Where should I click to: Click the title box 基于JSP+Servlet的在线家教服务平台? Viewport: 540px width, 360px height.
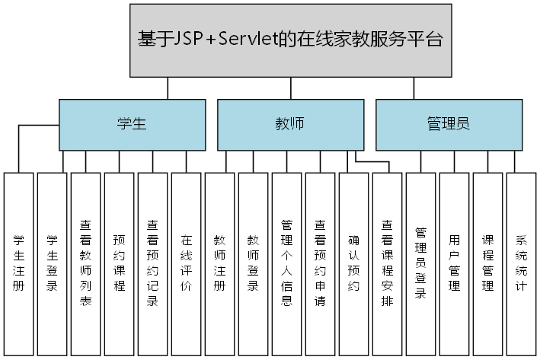tap(290, 40)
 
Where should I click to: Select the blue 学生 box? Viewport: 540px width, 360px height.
tap(132, 124)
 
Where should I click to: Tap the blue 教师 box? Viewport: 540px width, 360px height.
tap(289, 124)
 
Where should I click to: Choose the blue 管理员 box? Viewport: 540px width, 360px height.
tap(449, 124)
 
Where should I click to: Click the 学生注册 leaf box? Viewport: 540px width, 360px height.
tap(19, 263)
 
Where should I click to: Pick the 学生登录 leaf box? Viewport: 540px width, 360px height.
tap(53, 263)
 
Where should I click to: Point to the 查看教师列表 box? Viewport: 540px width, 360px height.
tap(86, 263)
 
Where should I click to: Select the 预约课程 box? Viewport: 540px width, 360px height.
tap(120, 263)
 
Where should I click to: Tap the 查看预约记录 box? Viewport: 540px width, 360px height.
tap(153, 263)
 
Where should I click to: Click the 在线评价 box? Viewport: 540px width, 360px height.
tap(187, 263)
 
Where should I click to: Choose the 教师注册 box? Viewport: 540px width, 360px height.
tap(220, 263)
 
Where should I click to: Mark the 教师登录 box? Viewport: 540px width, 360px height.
tap(254, 263)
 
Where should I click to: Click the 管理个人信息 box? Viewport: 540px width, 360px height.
tap(287, 263)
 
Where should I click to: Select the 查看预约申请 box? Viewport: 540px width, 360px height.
tap(321, 263)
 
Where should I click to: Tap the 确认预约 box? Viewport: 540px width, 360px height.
tap(354, 263)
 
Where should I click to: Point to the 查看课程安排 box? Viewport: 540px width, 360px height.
tap(388, 263)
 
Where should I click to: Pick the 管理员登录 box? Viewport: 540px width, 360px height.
tap(421, 263)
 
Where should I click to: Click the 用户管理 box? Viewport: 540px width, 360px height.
tap(455, 263)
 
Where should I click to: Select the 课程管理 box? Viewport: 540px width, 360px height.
tap(488, 263)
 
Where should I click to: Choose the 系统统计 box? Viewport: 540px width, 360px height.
tap(522, 263)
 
